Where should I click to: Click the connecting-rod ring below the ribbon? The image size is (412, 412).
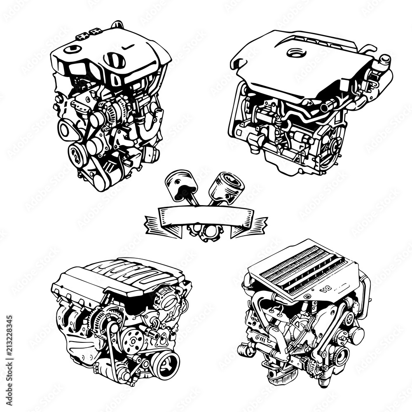[x=205, y=233]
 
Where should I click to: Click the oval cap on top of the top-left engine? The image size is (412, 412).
[x=114, y=60]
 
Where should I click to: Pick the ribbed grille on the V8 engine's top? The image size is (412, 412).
[x=303, y=267]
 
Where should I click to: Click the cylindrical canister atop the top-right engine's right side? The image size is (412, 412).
[x=384, y=61]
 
